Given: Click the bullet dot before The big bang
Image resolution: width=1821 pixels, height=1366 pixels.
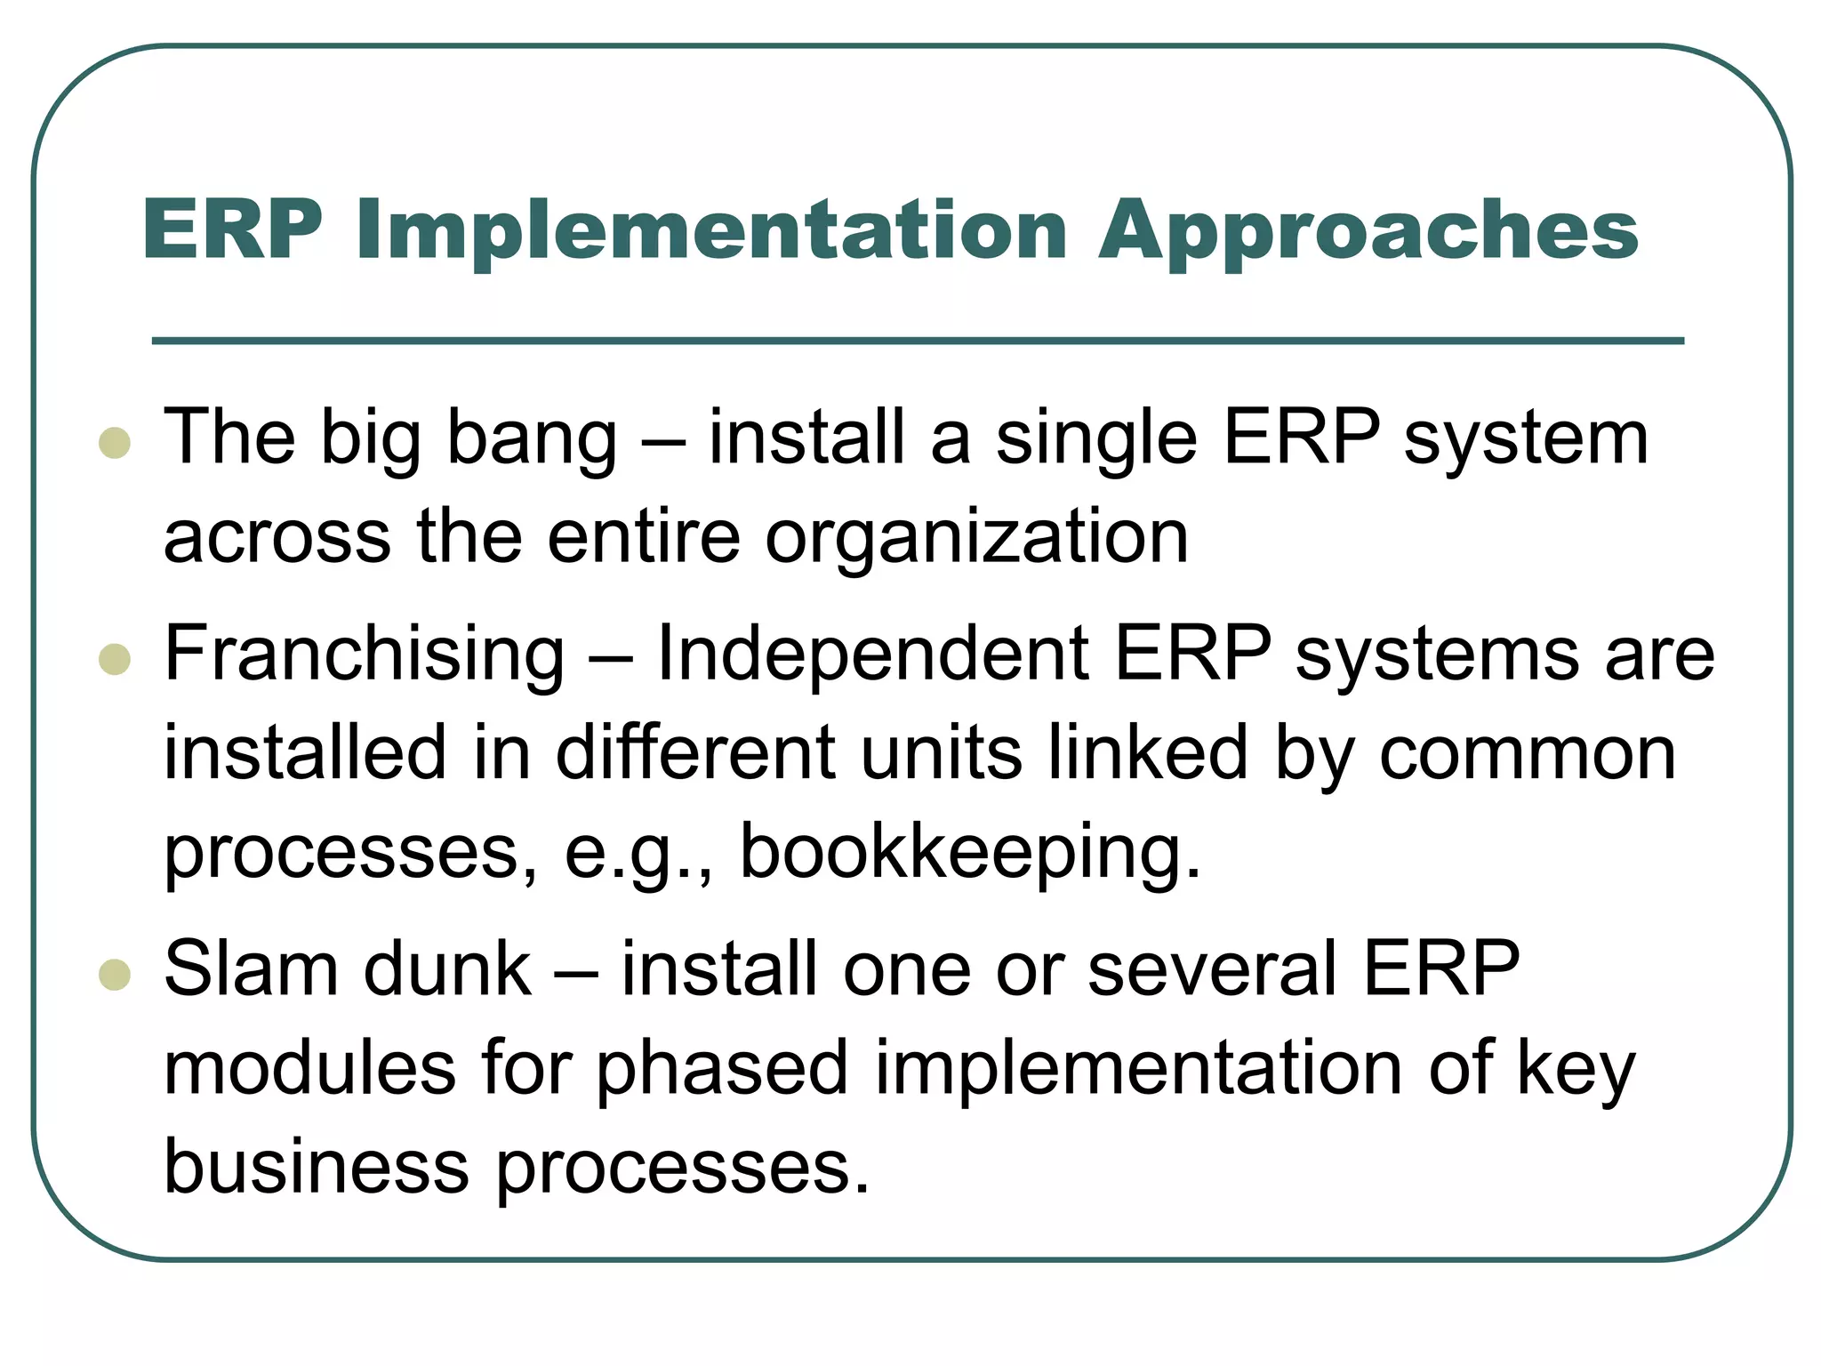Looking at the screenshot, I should coord(115,442).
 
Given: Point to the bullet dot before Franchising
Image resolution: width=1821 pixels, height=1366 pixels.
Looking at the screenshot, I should coord(115,659).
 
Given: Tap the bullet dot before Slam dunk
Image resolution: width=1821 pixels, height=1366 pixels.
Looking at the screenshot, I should coord(115,975).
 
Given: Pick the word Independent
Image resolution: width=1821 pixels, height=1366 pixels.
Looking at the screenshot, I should coord(872,654).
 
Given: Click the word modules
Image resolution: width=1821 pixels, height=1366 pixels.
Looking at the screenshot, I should coord(310,1069).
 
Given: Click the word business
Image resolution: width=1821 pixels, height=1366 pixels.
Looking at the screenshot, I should coord(317,1168).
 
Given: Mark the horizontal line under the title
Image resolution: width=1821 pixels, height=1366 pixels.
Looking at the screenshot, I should coord(918,341).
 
